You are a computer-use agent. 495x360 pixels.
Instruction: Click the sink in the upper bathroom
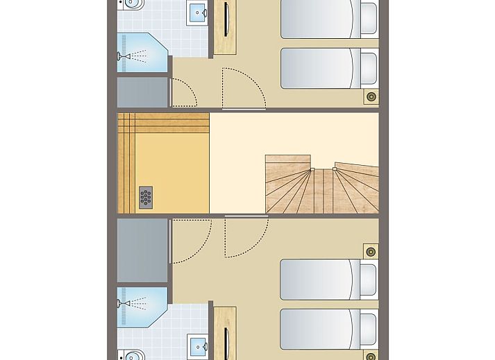198,12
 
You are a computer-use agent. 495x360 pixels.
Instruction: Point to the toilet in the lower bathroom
130,354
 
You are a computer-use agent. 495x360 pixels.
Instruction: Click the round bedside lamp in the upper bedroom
371,97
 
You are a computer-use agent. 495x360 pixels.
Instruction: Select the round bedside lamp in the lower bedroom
371,250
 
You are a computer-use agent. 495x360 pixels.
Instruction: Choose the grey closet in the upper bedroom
143,92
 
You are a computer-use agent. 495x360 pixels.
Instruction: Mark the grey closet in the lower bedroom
143,250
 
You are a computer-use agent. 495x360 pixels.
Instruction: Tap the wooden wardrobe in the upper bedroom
225,28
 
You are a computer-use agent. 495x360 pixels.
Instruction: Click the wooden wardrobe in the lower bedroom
225,333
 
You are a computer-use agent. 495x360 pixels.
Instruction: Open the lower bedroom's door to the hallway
244,236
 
